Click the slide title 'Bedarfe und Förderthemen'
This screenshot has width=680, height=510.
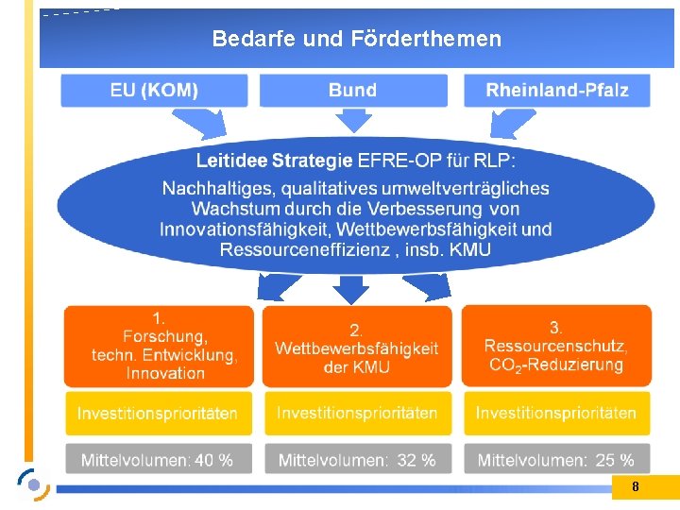pyautogui.click(x=356, y=39)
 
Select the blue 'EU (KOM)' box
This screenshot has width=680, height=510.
pyautogui.click(x=154, y=91)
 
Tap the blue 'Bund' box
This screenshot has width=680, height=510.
pyautogui.click(x=352, y=91)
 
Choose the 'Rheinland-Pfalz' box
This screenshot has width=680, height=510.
pyautogui.click(x=556, y=91)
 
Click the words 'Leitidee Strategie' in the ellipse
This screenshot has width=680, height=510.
pyautogui.click(x=274, y=161)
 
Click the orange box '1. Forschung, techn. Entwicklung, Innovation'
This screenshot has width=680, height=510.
pyautogui.click(x=159, y=346)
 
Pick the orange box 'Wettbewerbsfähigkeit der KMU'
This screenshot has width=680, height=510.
pyautogui.click(x=356, y=346)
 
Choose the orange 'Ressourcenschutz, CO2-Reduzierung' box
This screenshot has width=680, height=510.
pyautogui.click(x=556, y=346)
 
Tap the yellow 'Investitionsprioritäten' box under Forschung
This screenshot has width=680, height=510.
pyautogui.click(x=158, y=414)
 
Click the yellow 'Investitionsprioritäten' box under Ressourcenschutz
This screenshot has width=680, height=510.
pyautogui.click(x=556, y=414)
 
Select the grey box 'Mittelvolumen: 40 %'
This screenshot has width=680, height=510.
pyautogui.click(x=158, y=460)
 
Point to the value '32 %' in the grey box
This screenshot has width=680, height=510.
pyautogui.click(x=416, y=461)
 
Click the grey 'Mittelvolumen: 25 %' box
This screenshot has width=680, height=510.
pyautogui.click(x=556, y=460)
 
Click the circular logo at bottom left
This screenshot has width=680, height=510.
pyautogui.click(x=34, y=484)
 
